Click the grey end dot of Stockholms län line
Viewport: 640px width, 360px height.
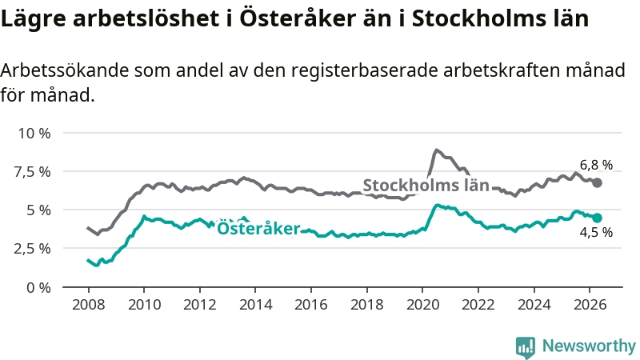(x=597, y=183)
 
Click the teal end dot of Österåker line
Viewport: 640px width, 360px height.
(x=597, y=218)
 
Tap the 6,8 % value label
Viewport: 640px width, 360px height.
(x=596, y=165)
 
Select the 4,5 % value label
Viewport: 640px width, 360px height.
(x=596, y=232)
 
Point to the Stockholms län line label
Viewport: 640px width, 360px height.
(x=426, y=186)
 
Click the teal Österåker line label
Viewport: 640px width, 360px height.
(x=258, y=228)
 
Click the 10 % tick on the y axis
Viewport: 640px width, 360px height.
(x=34, y=133)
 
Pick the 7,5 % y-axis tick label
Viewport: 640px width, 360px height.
(x=32, y=172)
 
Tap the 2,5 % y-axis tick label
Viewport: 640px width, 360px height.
(x=32, y=249)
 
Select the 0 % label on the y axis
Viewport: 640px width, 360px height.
(x=38, y=288)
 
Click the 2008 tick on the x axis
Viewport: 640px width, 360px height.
(x=89, y=305)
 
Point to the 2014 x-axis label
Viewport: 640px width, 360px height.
(x=255, y=305)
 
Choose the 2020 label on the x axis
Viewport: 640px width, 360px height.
(x=422, y=305)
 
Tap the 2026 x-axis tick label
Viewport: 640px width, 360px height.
(x=590, y=305)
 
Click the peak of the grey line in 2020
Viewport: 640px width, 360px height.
(x=436, y=150)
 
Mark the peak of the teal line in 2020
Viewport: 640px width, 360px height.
(x=436, y=206)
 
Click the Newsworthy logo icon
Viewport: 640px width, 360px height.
(x=526, y=347)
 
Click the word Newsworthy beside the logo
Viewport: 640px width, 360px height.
(x=589, y=346)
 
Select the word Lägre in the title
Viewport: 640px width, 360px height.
(x=34, y=19)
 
